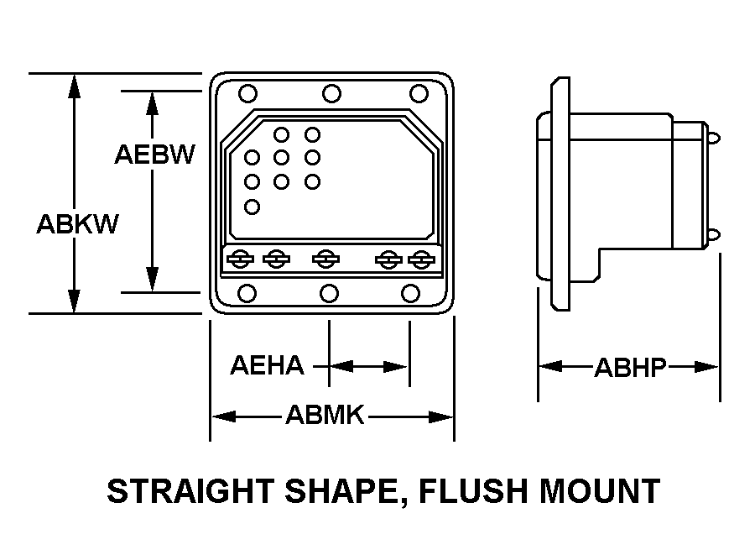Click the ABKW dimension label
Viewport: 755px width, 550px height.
(77, 223)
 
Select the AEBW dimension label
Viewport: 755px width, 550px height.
(154, 155)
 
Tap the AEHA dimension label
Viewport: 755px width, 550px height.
(268, 365)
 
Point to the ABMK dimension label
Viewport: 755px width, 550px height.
(325, 415)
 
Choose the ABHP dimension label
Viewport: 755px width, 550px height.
(630, 368)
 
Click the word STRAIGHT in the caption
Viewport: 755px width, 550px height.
(190, 491)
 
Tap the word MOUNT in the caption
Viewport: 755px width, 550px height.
(600, 491)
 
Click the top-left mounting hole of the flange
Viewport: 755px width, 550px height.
(248, 93)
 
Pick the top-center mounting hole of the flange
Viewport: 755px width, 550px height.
(331, 93)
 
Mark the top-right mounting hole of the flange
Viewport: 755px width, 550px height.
(419, 93)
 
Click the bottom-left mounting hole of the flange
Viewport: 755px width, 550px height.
(247, 293)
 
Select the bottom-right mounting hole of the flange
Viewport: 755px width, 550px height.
(410, 293)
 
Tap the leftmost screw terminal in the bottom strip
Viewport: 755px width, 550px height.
(240, 259)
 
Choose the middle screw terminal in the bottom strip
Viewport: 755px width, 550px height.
(326, 259)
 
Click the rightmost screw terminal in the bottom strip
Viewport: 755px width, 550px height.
(421, 259)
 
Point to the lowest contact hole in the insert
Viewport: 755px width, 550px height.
(252, 207)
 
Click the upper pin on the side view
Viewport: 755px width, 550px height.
(714, 139)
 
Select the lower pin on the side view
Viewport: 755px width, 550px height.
(714, 235)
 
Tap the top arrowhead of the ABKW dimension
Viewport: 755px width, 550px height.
(74, 86)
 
